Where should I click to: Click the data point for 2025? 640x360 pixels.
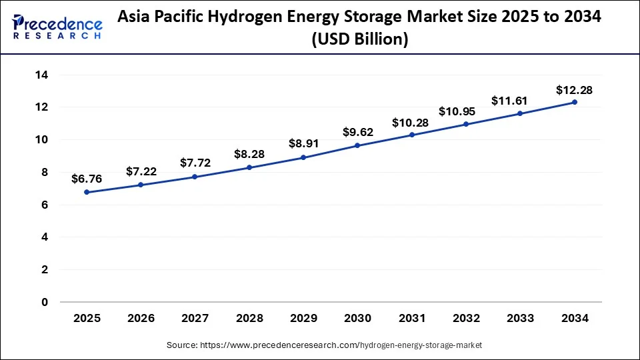tap(87, 192)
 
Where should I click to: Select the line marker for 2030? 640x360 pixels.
tap(357, 145)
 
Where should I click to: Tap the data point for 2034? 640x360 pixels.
tap(574, 102)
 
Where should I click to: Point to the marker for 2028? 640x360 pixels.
tap(249, 167)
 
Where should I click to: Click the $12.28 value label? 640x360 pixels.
tap(574, 89)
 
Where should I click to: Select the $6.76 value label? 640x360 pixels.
tap(87, 179)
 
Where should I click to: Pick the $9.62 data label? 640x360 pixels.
tap(357, 132)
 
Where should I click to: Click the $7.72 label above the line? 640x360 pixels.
tap(195, 163)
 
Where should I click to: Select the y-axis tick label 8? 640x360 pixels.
tap(44, 172)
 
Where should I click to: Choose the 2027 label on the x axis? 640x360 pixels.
tap(195, 319)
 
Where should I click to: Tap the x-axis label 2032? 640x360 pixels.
tap(466, 319)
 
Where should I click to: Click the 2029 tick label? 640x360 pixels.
tap(303, 319)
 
